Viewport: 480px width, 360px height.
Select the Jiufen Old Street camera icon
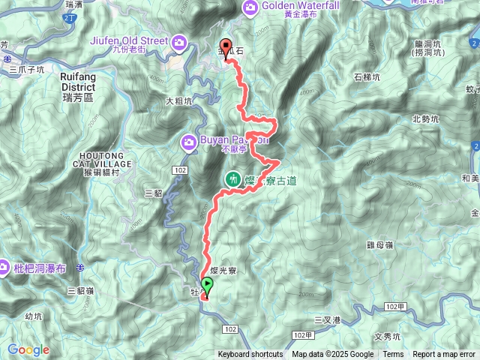(x=178, y=42)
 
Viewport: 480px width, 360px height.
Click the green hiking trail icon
(x=233, y=179)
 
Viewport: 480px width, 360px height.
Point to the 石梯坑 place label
(x=367, y=77)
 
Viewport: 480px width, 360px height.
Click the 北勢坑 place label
(x=426, y=118)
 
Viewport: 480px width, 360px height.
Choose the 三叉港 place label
(x=327, y=320)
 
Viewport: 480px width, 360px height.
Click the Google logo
(x=28, y=349)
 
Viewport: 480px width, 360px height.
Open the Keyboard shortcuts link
(x=250, y=355)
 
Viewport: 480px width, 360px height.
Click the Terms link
(x=393, y=355)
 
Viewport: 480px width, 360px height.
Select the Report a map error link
(x=444, y=355)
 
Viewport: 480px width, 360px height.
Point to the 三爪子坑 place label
(x=27, y=69)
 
